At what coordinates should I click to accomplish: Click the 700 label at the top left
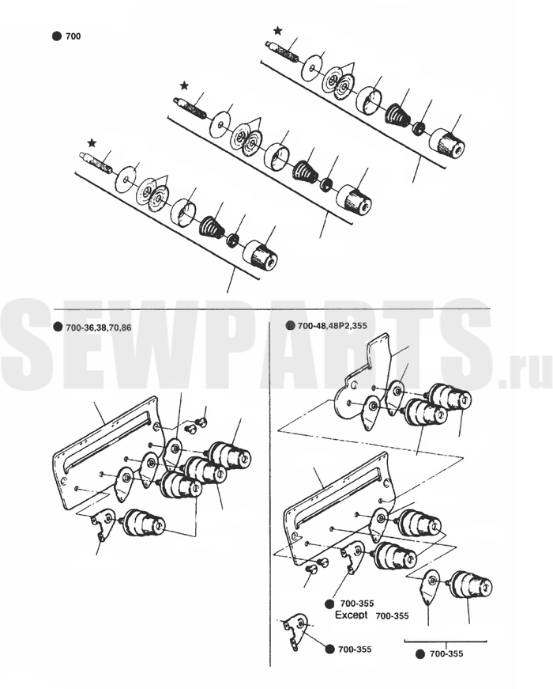pyautogui.click(x=73, y=36)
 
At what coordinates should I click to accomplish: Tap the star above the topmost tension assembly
pyautogui.click(x=278, y=30)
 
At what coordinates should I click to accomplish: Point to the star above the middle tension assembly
pyautogui.click(x=184, y=85)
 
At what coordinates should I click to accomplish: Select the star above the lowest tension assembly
pyautogui.click(x=92, y=143)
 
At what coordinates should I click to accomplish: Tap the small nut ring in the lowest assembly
pyautogui.click(x=232, y=240)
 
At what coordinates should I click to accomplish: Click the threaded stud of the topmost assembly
pyautogui.click(x=283, y=51)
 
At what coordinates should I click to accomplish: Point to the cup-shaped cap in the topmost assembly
pyautogui.click(x=369, y=100)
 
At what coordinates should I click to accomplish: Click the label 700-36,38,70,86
pyautogui.click(x=98, y=327)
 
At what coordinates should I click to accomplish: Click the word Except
pyautogui.click(x=351, y=615)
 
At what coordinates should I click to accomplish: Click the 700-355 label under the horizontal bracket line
pyautogui.click(x=446, y=654)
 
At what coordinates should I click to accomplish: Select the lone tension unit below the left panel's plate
pyautogui.click(x=144, y=523)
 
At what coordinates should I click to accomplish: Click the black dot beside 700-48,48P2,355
pyautogui.click(x=290, y=326)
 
